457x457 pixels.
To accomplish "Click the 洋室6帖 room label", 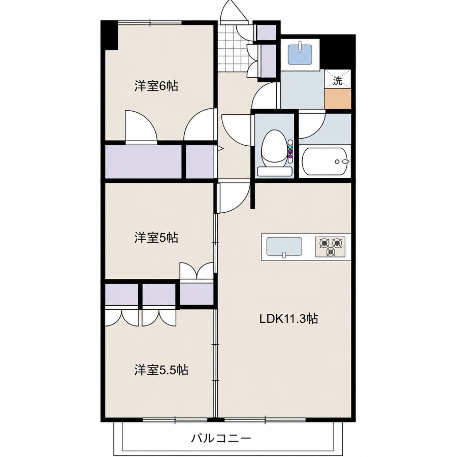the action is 156,86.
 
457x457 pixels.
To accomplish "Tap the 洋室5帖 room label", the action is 156,238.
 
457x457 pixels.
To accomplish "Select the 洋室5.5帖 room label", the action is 161,370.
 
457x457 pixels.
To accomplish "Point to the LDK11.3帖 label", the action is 288,319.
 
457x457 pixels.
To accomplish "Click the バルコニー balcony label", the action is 221,438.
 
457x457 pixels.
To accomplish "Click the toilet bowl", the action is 274,148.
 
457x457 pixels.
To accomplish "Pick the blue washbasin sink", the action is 300,55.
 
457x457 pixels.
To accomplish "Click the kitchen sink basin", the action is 284,247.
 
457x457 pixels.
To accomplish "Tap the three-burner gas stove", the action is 330,247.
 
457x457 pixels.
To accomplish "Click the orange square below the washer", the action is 338,99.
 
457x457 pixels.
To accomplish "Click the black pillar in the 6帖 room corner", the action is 109,36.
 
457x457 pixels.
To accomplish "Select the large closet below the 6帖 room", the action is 143,161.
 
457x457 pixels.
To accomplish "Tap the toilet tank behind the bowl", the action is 274,172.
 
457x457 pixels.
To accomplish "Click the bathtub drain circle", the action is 337,162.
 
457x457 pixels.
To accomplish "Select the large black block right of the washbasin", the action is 338,51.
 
